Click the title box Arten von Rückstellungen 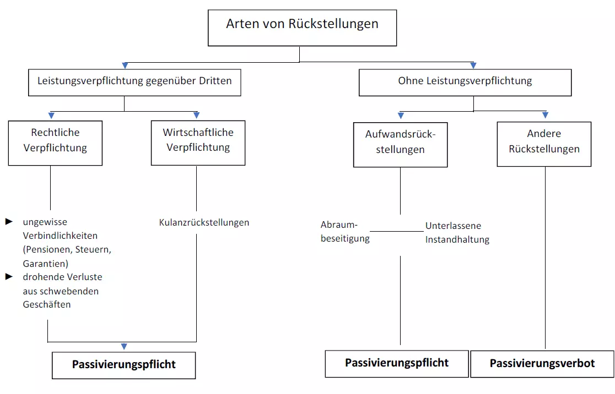pos(302,27)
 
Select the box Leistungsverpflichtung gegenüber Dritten pos(134,81)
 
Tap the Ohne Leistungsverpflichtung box pos(465,82)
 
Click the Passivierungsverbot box pos(542,364)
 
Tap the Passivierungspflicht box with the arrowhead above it pos(124,365)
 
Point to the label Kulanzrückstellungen pos(204,223)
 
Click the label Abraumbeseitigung pos(345,232)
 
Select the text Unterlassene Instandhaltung pos(457,233)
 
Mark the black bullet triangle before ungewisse pos(9,221)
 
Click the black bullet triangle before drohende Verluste pos(9,276)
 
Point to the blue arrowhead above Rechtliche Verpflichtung pos(51,115)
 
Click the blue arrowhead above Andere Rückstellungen pos(545,115)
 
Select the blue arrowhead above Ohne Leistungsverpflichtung pos(473,65)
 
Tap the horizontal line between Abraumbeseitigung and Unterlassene pos(397,231)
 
